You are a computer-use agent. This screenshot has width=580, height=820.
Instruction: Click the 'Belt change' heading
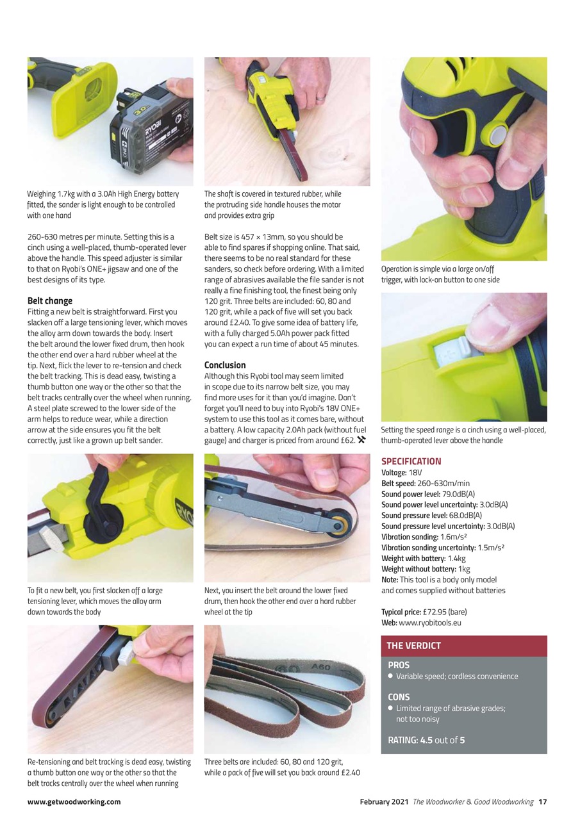[50, 300]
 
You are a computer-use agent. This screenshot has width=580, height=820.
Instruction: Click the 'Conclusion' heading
[225, 365]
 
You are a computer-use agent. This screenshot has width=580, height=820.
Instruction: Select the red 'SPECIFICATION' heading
[411, 461]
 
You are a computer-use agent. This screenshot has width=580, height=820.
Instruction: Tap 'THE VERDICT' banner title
[413, 646]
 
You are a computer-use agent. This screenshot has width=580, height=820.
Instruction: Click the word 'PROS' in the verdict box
[399, 665]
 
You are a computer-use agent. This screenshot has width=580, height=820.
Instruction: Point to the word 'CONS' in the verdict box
[399, 697]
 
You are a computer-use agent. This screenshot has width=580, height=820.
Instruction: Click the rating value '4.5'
[426, 741]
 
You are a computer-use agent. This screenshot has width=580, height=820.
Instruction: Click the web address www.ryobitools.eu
[430, 623]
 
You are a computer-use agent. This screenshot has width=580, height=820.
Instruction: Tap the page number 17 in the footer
[542, 801]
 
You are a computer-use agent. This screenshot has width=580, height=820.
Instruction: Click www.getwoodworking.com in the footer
[74, 801]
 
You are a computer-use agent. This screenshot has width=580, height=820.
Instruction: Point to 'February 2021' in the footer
[384, 801]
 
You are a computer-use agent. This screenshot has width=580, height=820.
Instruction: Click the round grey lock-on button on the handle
[498, 134]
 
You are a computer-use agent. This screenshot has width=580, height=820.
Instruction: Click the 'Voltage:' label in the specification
[394, 473]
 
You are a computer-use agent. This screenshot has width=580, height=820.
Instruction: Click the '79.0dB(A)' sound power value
[459, 494]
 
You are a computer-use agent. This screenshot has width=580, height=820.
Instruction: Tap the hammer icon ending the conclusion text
[362, 439]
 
